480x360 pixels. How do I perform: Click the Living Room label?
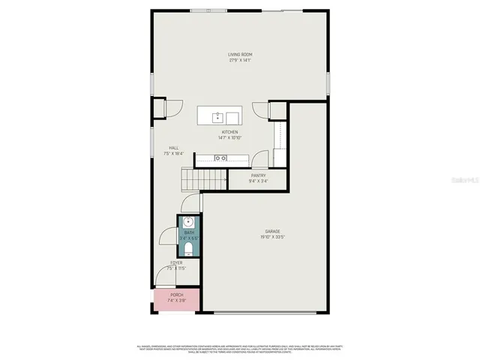pos(240,54)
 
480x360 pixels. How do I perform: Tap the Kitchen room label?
pos(229,132)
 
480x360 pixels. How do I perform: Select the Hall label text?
pos(173,148)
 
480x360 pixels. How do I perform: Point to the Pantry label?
pos(258,175)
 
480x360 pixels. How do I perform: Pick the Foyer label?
pos(176,262)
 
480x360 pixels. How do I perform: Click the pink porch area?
pos(177,299)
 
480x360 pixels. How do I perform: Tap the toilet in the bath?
pos(189,249)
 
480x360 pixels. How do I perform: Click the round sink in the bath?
pos(189,222)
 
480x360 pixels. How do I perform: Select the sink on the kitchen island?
pos(217,117)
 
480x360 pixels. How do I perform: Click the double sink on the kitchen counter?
pos(221,158)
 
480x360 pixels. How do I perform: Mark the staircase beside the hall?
pos(204,180)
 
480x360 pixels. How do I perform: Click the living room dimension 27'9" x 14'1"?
pos(240,60)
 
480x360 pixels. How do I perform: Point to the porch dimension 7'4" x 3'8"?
pos(176,300)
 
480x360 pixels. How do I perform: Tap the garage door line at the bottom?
pos(265,312)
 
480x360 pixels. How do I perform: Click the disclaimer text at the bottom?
pos(240,349)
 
